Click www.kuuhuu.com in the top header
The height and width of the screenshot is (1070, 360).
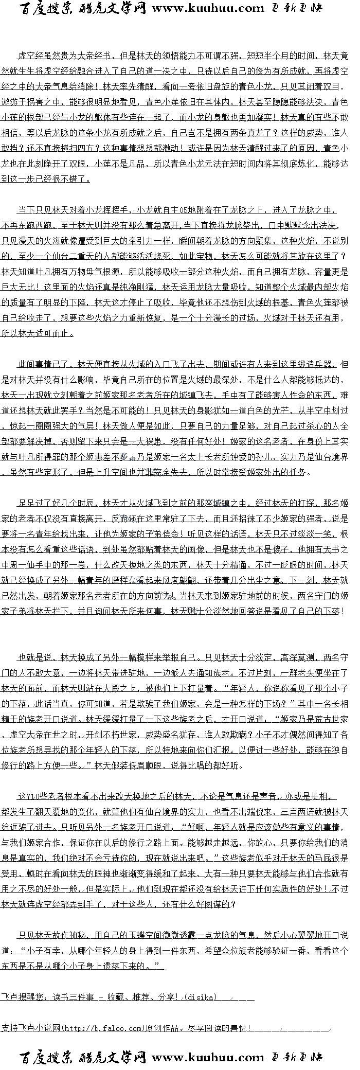(208, 8)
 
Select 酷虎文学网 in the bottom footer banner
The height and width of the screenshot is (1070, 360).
(113, 1058)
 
